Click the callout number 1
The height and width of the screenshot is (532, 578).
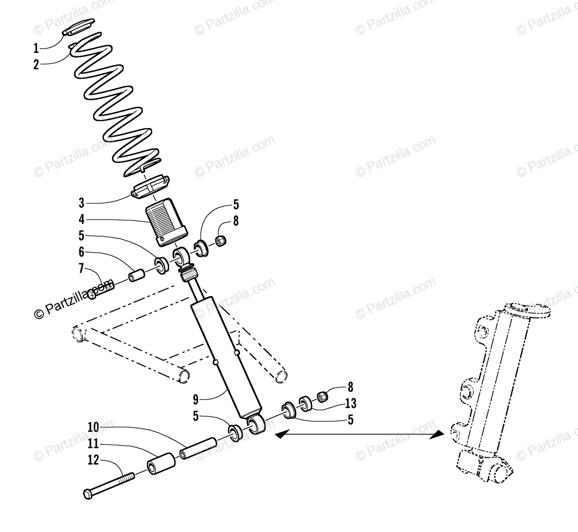[36, 48]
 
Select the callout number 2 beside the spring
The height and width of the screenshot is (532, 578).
[36, 65]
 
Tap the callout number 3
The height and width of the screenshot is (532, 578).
[81, 203]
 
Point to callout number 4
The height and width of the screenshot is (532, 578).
[81, 220]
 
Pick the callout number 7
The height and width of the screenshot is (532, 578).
[81, 268]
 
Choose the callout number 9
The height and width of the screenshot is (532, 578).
[196, 399]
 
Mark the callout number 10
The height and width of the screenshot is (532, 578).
[93, 427]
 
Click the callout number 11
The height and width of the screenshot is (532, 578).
[93, 443]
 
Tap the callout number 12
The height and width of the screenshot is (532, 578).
[93, 460]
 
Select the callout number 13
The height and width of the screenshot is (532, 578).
[350, 403]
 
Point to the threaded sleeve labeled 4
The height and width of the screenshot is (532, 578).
[167, 219]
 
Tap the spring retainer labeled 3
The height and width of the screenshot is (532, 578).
[150, 186]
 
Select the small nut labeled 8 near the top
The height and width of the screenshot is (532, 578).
[221, 240]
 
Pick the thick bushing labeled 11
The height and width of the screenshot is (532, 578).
[160, 464]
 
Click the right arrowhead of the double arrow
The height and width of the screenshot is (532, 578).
[438, 434]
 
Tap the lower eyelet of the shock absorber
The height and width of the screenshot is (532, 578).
[256, 426]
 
